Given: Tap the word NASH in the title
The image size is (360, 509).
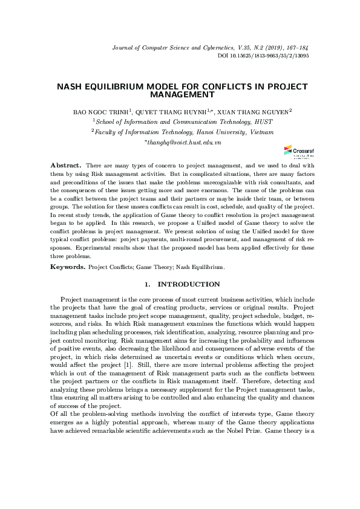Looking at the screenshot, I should pyautogui.click(x=70, y=87).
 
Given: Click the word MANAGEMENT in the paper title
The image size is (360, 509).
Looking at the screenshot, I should pyautogui.click(x=182, y=95).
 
